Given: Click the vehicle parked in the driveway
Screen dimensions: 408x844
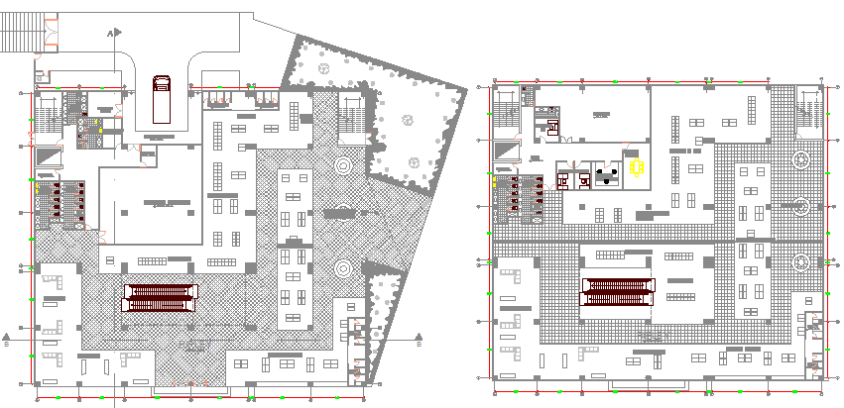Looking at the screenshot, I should click(161, 95).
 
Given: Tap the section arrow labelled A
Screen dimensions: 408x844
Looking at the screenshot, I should click(114, 33).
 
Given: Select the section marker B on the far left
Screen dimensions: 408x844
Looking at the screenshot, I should click(8, 337).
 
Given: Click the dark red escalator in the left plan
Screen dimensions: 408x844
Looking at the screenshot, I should click(159, 297).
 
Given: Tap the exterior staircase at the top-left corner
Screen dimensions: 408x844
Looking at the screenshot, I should click(22, 36).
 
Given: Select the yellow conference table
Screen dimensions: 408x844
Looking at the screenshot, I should click(636, 168).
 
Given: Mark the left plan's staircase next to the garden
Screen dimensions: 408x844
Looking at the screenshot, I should click(352, 116).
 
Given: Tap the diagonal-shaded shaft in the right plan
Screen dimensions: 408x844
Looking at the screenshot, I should click(508, 148).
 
